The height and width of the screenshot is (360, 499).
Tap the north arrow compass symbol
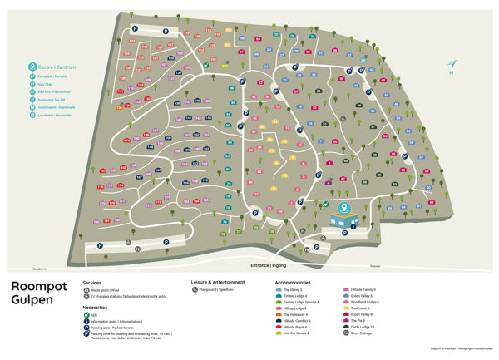pos(452,65)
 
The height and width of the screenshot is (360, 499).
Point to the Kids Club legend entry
pos(43,83)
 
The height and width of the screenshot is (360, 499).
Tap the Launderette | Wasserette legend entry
pos(53,115)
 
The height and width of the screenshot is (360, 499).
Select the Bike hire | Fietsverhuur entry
pos(52,91)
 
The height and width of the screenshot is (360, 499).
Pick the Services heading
pos(92,282)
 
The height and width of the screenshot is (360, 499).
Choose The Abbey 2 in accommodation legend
pos(294,289)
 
